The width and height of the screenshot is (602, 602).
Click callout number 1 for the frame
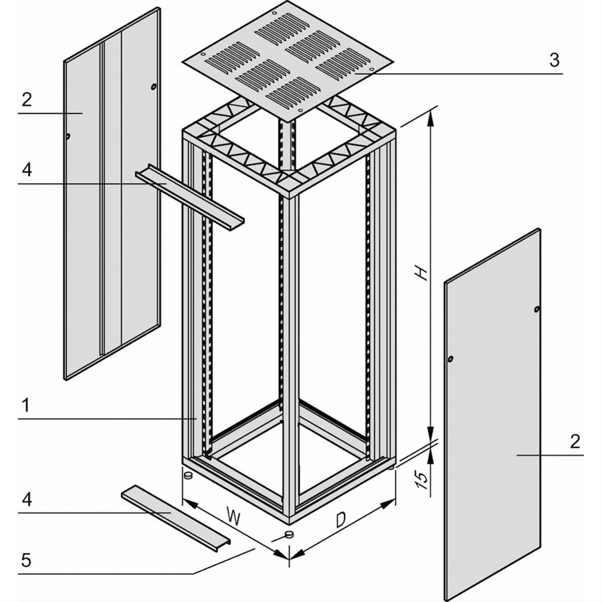(26, 405)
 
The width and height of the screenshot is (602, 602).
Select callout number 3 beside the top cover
(554, 60)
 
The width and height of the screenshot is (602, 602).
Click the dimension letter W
(234, 516)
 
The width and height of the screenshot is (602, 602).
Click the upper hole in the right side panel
(536, 310)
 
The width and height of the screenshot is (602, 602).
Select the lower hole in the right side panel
(450, 360)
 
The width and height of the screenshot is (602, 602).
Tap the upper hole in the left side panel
(153, 87)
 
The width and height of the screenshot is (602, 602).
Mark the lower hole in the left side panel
(68, 136)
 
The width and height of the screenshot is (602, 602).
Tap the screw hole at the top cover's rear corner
(274, 13)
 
